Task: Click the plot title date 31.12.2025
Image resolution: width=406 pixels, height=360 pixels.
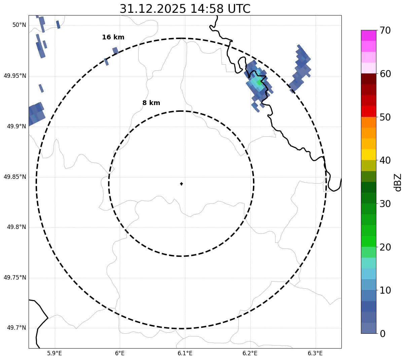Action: (152, 9)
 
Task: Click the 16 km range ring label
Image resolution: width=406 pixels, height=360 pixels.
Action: (113, 37)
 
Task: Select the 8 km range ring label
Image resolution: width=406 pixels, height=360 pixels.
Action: (151, 103)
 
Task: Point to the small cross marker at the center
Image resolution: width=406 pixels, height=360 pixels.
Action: (181, 184)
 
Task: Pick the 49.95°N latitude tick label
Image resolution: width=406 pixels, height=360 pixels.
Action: (15, 76)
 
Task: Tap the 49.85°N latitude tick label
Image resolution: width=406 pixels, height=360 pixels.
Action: (15, 177)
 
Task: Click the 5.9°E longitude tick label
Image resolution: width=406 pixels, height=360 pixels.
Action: (54, 353)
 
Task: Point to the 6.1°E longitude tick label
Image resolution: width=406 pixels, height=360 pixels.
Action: (185, 353)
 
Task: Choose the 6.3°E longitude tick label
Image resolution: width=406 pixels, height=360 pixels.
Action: (315, 353)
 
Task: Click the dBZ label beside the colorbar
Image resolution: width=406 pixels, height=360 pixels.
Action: (398, 182)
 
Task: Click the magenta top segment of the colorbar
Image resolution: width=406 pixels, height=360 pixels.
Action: (368, 35)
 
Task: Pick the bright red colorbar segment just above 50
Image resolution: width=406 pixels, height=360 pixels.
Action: (368, 111)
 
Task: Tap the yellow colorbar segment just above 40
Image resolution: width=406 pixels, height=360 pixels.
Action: (368, 155)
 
